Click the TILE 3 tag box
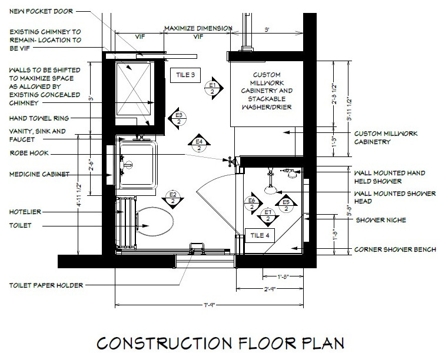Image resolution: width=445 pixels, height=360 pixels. (185, 75)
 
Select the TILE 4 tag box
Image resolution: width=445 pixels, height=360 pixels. (260, 235)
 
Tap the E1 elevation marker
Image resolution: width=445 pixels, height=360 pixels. (214, 88)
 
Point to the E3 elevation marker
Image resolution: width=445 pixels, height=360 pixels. (177, 118)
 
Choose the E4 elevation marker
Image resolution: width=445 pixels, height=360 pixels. (199, 144)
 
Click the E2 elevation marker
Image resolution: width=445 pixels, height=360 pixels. (172, 198)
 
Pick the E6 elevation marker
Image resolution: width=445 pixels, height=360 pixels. (253, 204)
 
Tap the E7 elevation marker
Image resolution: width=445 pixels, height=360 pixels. (268, 216)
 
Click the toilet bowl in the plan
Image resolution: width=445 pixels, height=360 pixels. (155, 222)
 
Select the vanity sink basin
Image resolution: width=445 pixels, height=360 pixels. (138, 164)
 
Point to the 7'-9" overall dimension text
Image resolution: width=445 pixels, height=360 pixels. (210, 305)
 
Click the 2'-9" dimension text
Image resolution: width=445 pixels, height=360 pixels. (270, 289)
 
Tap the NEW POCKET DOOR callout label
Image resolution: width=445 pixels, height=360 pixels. (41, 11)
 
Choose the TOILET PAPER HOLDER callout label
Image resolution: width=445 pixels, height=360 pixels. (46, 285)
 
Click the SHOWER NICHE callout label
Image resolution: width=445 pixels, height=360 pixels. (381, 220)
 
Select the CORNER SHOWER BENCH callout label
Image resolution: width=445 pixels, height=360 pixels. (395, 249)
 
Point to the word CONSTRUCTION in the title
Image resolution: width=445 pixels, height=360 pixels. (164, 344)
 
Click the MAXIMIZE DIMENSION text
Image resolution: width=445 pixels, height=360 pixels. (198, 28)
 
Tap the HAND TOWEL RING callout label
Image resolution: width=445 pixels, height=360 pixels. (39, 118)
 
